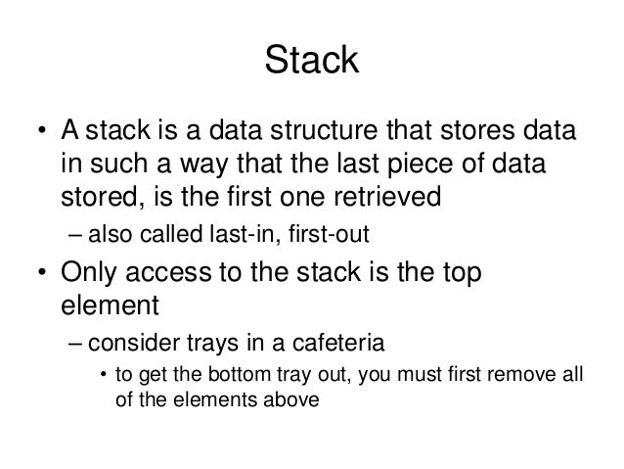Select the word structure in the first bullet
(366, 132)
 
